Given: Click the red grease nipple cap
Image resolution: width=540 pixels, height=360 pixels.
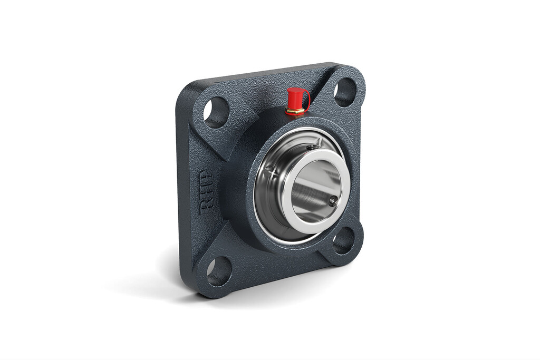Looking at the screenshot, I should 297,96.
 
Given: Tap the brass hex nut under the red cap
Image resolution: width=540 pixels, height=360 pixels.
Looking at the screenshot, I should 296,111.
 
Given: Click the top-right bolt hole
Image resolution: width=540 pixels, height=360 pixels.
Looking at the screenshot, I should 346,91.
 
